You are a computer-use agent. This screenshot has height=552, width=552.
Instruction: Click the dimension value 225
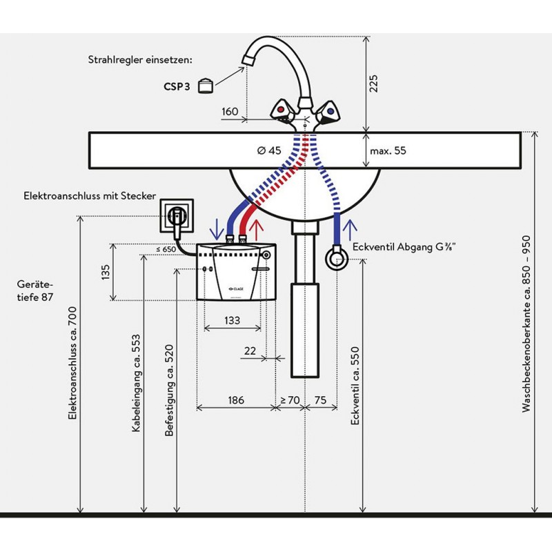pos(373,83)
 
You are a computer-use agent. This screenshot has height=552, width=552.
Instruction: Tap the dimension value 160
pos(230,111)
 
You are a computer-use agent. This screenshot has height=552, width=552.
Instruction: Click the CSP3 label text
pos(177,88)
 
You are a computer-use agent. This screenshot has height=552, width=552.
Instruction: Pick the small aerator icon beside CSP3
pos(206,86)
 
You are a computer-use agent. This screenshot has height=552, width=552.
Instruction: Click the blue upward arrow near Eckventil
pos(350,226)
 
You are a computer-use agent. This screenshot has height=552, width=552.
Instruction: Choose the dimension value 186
pos(235,400)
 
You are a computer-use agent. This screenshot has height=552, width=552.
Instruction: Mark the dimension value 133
pos(232,320)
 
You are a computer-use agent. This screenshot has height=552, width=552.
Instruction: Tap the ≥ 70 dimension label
pos(289,400)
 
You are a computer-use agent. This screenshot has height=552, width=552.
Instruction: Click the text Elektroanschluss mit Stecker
pos(90,197)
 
